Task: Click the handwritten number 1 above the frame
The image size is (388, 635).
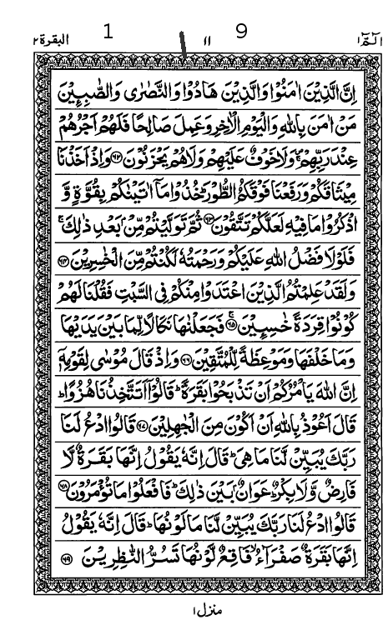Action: point(108,32)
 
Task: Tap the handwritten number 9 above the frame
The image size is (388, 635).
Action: point(241,32)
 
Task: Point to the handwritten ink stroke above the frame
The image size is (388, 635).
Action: point(183,42)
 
